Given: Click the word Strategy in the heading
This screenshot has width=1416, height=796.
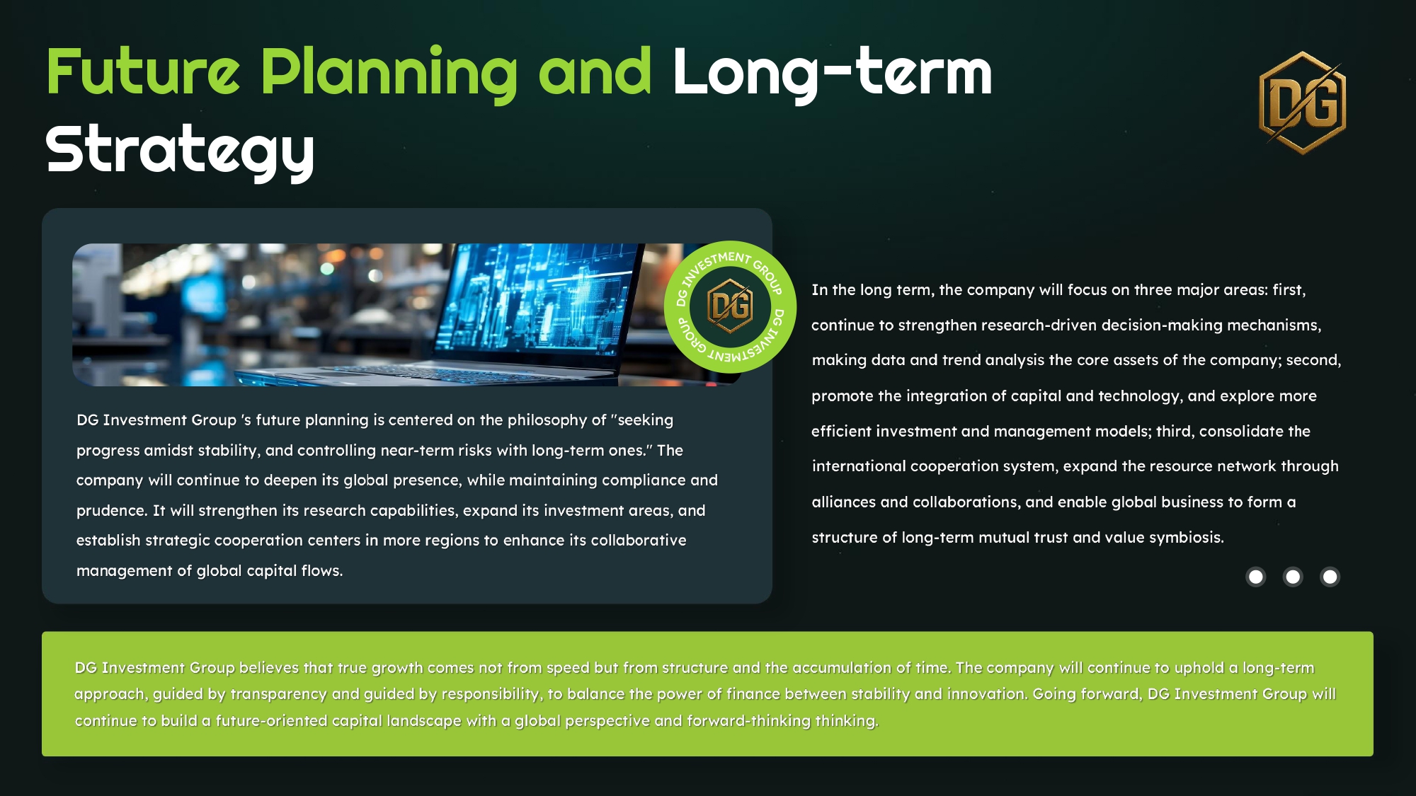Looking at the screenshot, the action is pyautogui.click(x=180, y=151).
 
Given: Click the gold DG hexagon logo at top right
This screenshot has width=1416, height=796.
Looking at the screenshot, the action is pyautogui.click(x=1303, y=103).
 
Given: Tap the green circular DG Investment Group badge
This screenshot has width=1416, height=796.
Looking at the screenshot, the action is pyautogui.click(x=730, y=307).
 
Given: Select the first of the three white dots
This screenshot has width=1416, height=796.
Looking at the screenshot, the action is pyautogui.click(x=1256, y=577).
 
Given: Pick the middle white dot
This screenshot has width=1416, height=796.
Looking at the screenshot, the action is pyautogui.click(x=1293, y=577).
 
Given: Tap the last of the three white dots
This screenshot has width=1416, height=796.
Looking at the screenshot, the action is pyautogui.click(x=1330, y=577).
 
